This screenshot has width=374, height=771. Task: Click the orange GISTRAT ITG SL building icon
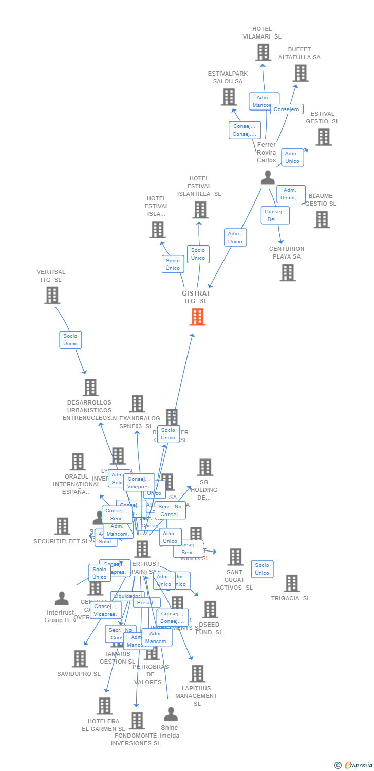[x=197, y=317]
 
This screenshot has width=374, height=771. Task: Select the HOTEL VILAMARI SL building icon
[x=263, y=52]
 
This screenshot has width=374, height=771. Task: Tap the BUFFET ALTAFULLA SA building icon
[x=301, y=73]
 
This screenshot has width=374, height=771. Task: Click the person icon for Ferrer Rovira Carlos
[x=268, y=177]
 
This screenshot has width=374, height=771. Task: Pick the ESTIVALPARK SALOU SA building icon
[x=229, y=97]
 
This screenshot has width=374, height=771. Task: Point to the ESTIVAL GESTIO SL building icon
[x=323, y=137]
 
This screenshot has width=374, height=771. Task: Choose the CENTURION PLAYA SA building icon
[x=288, y=272]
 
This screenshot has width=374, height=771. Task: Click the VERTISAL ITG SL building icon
[x=52, y=295]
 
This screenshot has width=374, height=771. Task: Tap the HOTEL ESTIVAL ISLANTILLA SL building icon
[x=200, y=210]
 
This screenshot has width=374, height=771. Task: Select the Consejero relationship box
[x=287, y=109]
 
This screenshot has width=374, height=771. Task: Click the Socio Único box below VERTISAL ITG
[x=70, y=340]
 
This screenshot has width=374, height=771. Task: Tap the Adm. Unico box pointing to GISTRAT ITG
[x=235, y=237]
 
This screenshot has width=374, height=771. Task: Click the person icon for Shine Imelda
[x=171, y=714]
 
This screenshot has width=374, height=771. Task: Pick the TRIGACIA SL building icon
[x=292, y=583]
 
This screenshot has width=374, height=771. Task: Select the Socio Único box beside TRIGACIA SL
[x=262, y=569]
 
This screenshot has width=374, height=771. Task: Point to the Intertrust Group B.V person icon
[x=62, y=599]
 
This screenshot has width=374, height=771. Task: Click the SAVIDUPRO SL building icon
[x=80, y=658]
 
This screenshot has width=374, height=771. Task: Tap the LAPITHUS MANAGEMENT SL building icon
[x=197, y=673]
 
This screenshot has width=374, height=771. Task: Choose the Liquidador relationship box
[x=127, y=596]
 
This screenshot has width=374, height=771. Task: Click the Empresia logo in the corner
[x=354, y=765]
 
